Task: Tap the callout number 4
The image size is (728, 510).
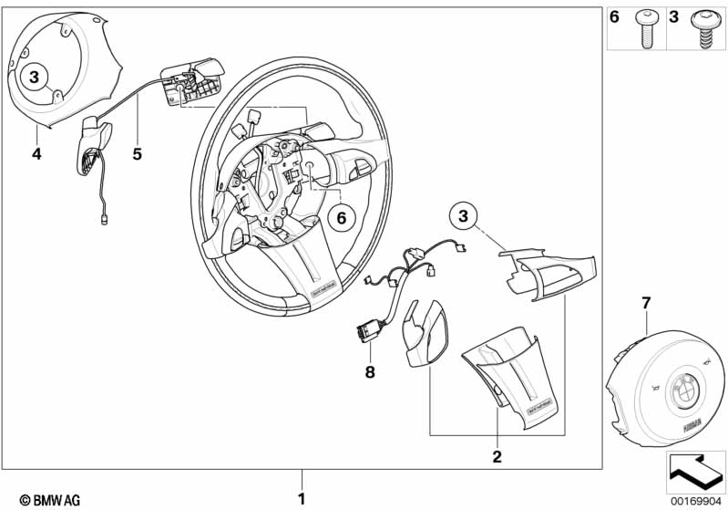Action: pyautogui.click(x=36, y=154)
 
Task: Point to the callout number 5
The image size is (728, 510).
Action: pyautogui.click(x=137, y=154)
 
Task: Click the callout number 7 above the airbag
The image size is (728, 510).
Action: pyautogui.click(x=646, y=301)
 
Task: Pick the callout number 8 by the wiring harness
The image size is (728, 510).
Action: pyautogui.click(x=371, y=372)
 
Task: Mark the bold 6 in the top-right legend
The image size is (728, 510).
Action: pyautogui.click(x=615, y=17)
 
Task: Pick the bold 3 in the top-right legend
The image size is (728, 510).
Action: pyautogui.click(x=675, y=17)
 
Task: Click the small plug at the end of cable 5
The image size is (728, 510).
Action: pyautogui.click(x=104, y=218)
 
